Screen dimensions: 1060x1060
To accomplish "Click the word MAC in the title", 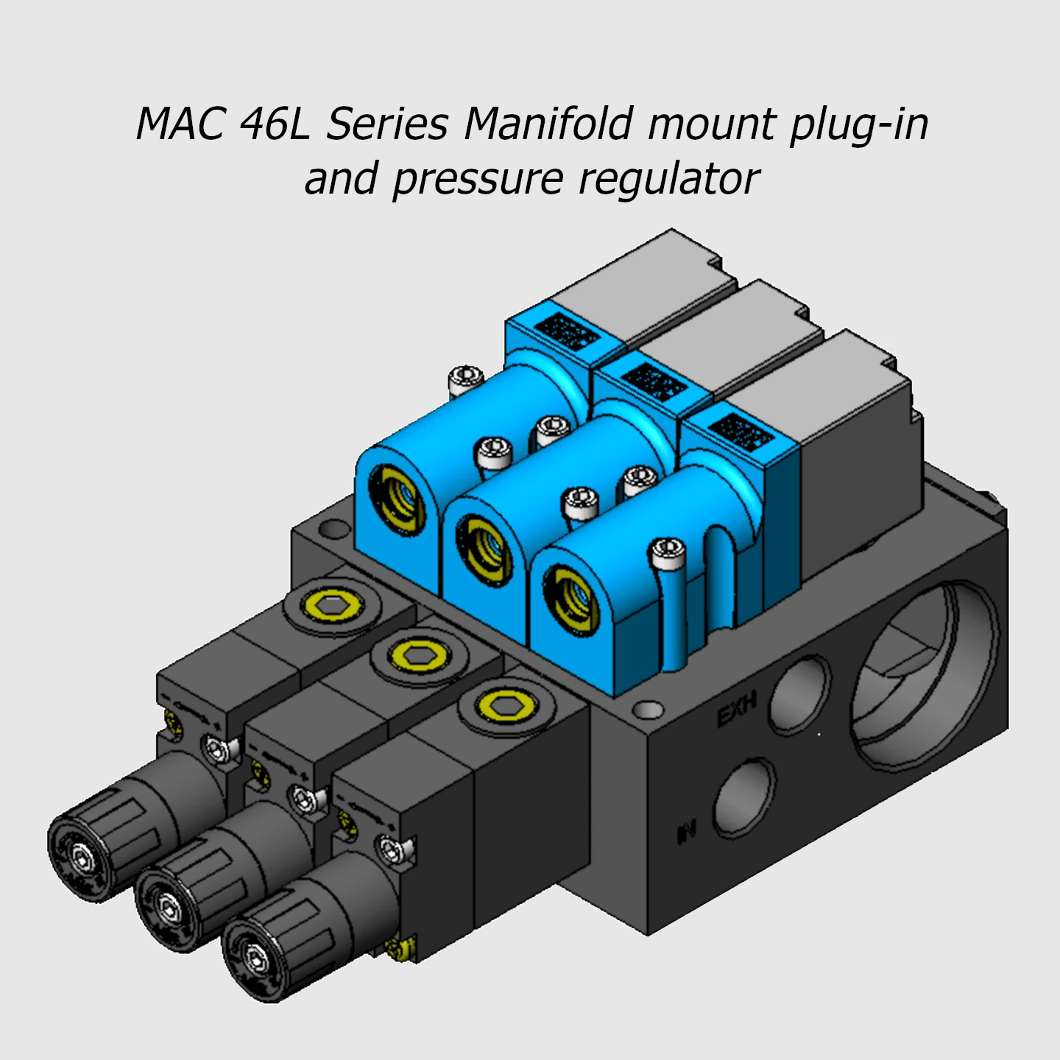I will (180, 124).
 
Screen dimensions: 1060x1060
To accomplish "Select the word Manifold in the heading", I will (548, 124).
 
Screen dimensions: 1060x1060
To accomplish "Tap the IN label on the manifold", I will (686, 833).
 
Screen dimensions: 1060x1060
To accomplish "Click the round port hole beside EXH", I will (799, 693).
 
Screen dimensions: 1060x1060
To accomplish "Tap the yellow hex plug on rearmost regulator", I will (333, 606).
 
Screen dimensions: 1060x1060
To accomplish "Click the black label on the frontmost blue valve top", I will (741, 433).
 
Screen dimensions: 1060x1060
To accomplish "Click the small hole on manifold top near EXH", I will (648, 710).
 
